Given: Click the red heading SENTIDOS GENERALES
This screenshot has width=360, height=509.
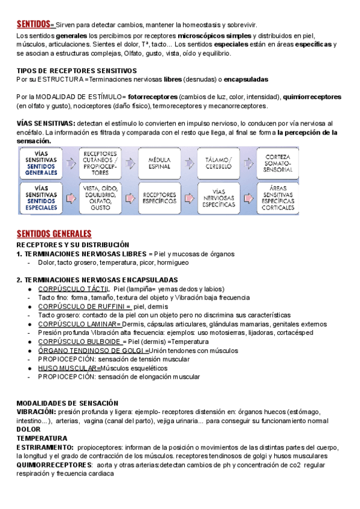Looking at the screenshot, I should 54,233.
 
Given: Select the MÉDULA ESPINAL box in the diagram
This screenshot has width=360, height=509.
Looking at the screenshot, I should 159,163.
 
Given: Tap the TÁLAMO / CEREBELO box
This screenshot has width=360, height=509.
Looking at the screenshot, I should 218,163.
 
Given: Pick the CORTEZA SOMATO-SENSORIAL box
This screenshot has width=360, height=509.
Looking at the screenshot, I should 277,163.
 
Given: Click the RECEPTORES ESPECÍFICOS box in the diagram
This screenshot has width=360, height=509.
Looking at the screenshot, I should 159,198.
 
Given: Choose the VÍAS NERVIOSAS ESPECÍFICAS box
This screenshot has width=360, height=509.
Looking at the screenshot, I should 218,198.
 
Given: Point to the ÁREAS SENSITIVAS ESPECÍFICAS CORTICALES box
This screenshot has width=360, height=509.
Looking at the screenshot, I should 277,198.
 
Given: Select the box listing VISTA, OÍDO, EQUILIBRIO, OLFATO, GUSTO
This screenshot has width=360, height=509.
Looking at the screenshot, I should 100,198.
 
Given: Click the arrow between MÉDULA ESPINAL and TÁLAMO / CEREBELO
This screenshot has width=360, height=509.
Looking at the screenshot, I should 189,163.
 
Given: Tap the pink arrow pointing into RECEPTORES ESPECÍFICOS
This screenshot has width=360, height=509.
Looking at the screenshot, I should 130,198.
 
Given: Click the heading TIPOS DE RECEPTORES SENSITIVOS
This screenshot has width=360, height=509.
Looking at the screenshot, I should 76,71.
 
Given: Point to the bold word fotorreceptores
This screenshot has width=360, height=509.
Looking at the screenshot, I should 152,97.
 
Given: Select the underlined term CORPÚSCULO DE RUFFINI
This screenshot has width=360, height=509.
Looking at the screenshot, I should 84,306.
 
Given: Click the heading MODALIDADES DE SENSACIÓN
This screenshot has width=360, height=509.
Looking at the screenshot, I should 67,403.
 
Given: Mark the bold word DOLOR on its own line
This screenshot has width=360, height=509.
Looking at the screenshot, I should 28,429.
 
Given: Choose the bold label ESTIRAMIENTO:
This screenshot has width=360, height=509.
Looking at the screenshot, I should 45,447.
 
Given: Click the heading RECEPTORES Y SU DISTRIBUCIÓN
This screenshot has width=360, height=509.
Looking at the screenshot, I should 73,245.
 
